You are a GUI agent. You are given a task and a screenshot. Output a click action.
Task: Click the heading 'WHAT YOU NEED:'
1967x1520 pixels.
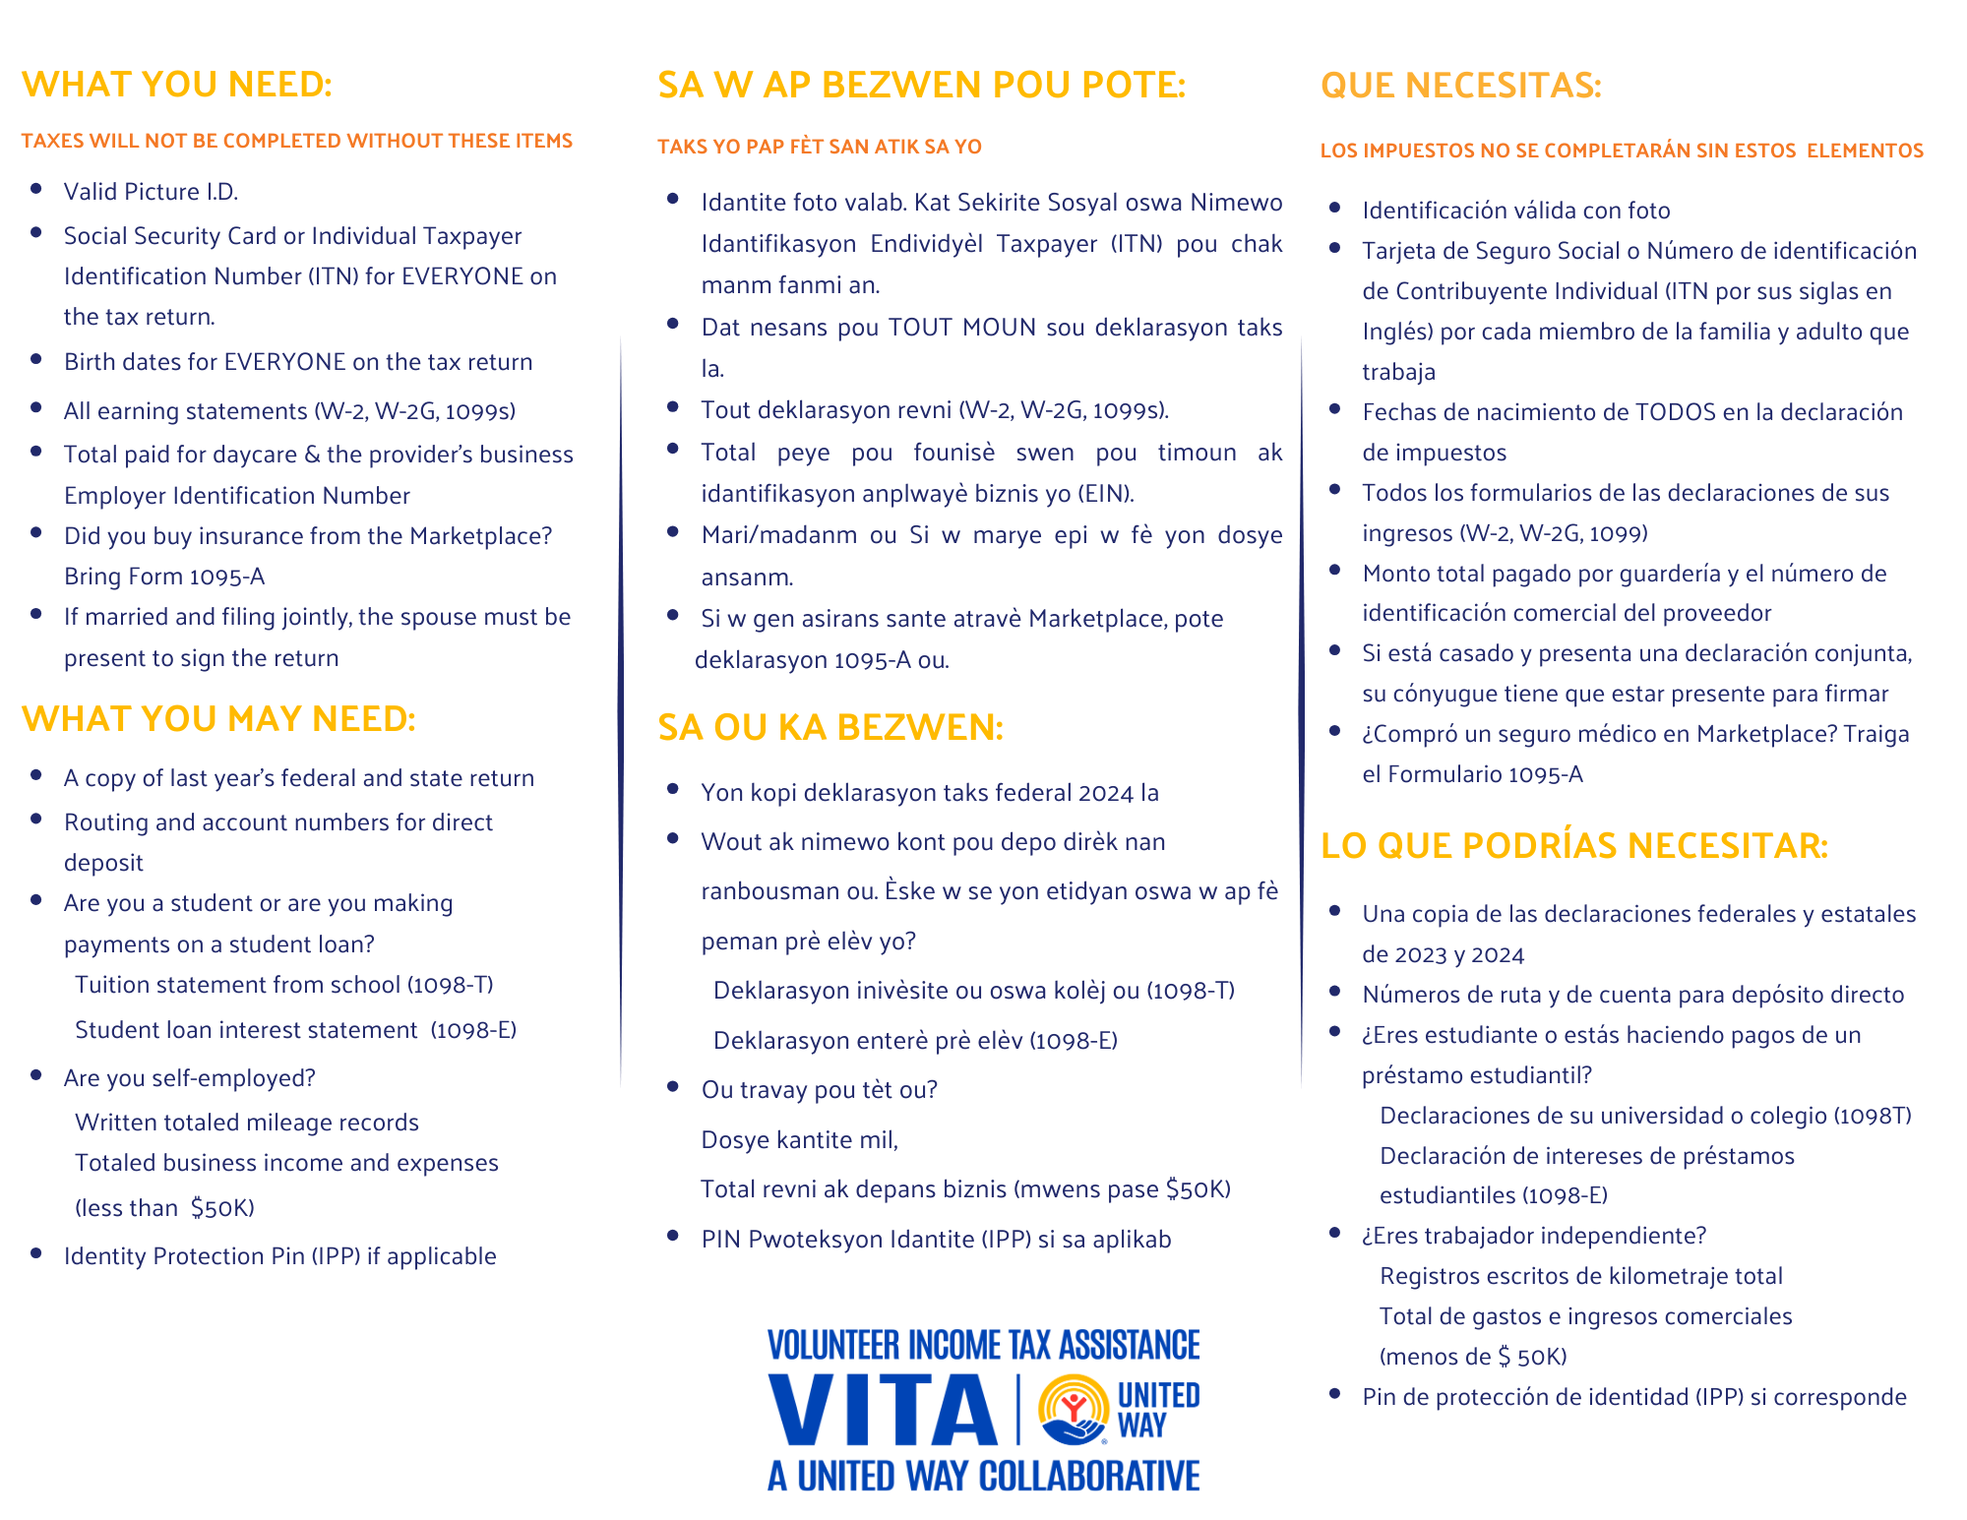pos(177,85)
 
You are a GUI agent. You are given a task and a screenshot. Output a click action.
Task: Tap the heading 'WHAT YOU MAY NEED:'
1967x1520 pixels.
pos(218,719)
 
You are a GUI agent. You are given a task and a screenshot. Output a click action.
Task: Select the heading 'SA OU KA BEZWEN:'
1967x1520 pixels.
pos(830,727)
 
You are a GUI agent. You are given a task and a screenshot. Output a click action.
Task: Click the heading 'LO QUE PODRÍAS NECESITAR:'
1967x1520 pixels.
pos(1573,845)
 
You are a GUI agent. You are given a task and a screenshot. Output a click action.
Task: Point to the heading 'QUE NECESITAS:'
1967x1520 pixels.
pos(1460,86)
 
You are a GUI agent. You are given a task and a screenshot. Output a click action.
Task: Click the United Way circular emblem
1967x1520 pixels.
pos(1074,1409)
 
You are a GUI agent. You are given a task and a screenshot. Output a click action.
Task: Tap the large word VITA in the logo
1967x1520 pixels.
pos(883,1410)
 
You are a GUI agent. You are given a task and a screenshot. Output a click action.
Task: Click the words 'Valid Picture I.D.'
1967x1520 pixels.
pos(151,192)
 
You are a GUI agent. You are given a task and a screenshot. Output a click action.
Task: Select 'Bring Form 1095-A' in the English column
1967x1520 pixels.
pos(164,577)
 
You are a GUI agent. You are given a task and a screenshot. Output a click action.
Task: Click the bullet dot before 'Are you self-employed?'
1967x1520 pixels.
pos(36,1076)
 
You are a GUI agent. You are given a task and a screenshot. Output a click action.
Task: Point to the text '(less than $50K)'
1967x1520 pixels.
pos(164,1208)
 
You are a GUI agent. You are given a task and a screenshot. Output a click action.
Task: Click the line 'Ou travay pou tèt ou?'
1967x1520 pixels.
pos(819,1090)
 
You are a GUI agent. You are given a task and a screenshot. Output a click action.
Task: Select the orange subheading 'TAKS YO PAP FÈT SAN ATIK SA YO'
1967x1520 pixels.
pos(819,147)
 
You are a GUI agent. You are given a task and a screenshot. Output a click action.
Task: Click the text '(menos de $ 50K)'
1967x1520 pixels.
pos(1472,1357)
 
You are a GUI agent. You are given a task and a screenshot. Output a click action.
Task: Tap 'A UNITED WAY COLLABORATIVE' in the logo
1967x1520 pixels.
pos(983,1476)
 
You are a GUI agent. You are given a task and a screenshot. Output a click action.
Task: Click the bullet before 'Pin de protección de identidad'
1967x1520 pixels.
pos(1335,1394)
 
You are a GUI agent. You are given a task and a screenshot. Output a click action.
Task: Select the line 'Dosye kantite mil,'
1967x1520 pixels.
pos(799,1140)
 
